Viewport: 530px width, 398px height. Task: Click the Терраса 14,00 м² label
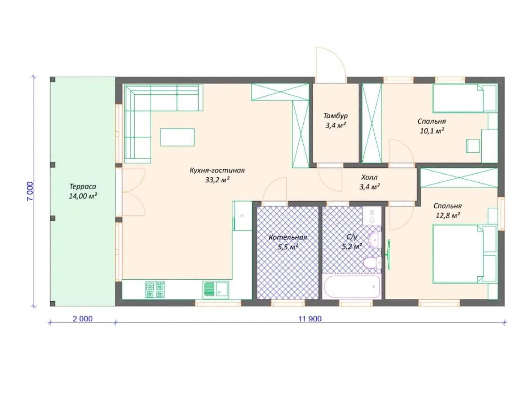pos(83,191)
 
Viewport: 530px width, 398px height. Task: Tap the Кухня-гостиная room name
pos(217,170)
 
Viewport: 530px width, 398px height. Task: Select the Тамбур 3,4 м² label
pos(335,120)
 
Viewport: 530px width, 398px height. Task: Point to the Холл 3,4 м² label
pos(369,182)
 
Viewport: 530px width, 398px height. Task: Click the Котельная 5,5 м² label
pos(288,242)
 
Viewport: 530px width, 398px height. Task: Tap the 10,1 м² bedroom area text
pos(432,131)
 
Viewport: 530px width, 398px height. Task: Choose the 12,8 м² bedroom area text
pos(447,215)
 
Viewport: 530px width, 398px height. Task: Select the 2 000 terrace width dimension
pos(83,319)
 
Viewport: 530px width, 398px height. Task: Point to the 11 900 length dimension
pos(310,319)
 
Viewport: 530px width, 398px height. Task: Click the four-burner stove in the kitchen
pos(155,289)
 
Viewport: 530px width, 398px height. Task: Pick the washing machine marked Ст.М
pos(372,216)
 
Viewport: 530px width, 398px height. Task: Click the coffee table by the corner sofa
pos(177,137)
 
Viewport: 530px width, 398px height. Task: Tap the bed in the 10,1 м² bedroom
pos(465,98)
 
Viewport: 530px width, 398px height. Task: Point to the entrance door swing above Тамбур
pos(331,62)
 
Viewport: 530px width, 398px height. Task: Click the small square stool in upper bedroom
pos(473,146)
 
